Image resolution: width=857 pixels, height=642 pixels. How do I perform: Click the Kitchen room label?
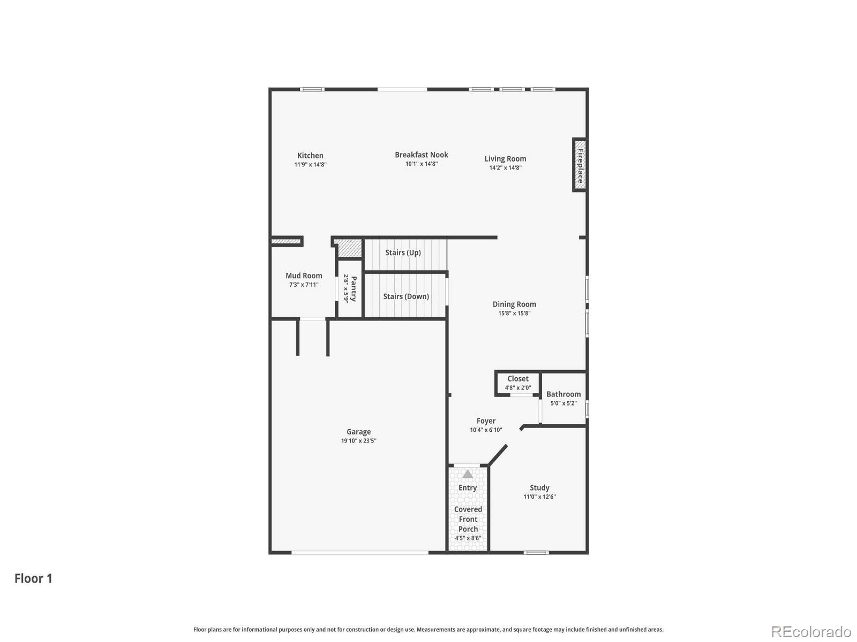click(x=310, y=156)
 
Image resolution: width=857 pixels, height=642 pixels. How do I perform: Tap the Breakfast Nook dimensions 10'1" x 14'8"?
click(x=421, y=164)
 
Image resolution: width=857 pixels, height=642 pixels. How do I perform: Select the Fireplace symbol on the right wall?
click(x=580, y=165)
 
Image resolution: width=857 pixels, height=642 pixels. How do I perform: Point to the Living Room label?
click(x=505, y=158)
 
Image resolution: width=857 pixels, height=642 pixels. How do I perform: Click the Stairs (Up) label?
click(x=403, y=253)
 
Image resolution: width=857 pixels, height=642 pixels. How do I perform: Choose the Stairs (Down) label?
click(x=405, y=296)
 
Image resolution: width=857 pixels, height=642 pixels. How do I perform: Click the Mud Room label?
click(x=304, y=276)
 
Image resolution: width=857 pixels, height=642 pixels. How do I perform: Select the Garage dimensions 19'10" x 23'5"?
click(x=358, y=441)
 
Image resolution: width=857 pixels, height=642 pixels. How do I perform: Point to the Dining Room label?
click(x=514, y=304)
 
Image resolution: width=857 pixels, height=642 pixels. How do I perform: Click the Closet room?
click(x=517, y=383)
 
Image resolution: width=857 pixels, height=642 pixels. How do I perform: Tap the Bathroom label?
click(x=563, y=394)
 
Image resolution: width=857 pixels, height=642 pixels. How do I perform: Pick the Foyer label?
click(x=486, y=421)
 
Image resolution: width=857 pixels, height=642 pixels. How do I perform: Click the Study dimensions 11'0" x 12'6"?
click(x=539, y=497)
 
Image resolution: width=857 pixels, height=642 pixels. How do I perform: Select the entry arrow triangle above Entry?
click(x=468, y=474)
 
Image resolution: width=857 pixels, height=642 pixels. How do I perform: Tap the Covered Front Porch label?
click(x=468, y=519)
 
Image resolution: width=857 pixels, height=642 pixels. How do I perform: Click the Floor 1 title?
click(x=33, y=578)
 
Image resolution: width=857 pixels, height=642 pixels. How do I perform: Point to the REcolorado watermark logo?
click(x=810, y=632)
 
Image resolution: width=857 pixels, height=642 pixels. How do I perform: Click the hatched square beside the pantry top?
click(x=350, y=248)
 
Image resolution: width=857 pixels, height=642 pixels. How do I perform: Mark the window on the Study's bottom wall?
click(x=536, y=552)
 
